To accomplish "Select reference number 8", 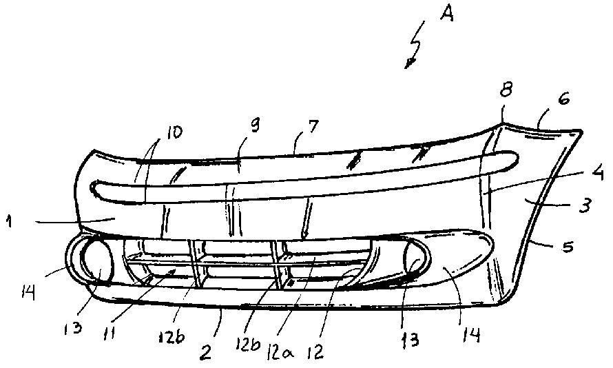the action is [x=506, y=92].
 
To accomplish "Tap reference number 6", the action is [x=564, y=99].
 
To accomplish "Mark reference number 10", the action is [x=174, y=132].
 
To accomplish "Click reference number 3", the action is [x=584, y=205].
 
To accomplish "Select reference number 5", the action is [x=568, y=247].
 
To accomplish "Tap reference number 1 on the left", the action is [x=8, y=222].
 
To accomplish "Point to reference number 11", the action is [x=111, y=334].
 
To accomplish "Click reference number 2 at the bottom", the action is [x=205, y=353].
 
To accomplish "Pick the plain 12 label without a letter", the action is [x=315, y=351].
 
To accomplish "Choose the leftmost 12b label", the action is [x=172, y=337].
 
